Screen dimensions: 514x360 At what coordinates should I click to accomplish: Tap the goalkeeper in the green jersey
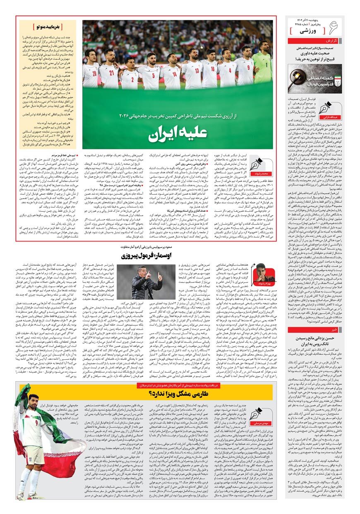(x=262, y=62)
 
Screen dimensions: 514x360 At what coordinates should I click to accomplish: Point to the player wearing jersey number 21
(x=110, y=68)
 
